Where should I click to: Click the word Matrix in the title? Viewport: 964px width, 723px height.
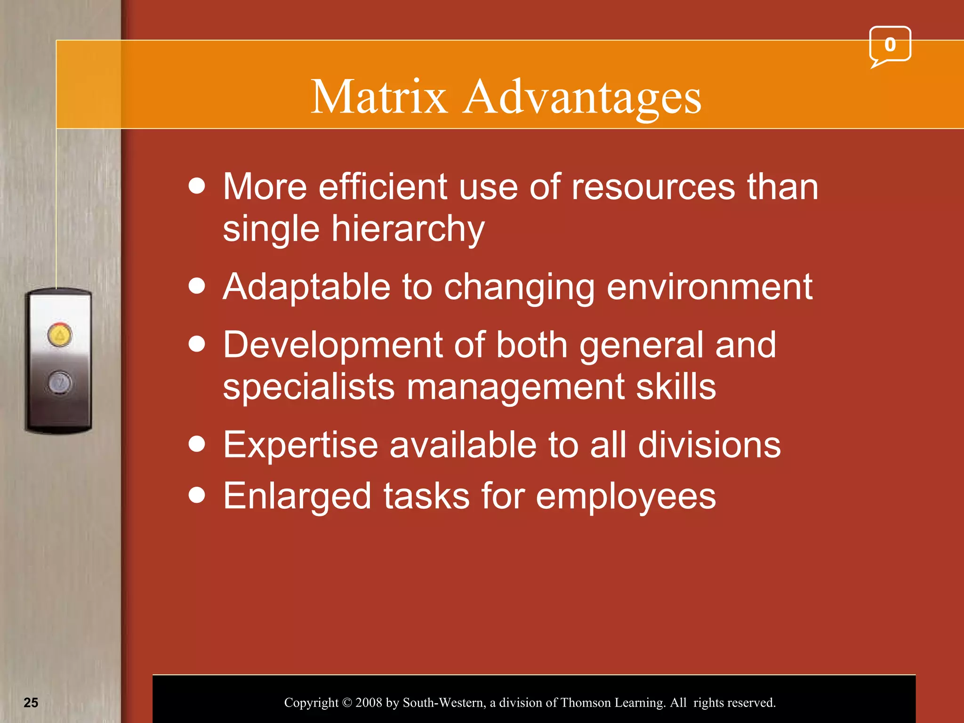coord(379,97)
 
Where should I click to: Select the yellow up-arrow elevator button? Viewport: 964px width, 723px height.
coord(60,335)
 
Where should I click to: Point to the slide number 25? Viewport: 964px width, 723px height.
coord(31,702)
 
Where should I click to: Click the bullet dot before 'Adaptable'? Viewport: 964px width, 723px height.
coord(197,286)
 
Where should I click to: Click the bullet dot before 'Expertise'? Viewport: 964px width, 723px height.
coord(197,444)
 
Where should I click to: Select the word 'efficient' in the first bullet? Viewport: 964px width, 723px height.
coord(383,186)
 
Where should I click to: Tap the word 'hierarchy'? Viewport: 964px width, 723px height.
coord(408,229)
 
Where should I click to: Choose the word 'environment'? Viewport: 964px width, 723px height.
coord(709,287)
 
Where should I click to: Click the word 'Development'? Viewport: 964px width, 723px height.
coord(333,345)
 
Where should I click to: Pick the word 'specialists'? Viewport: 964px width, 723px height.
coord(308,387)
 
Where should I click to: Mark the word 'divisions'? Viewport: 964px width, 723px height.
coord(709,445)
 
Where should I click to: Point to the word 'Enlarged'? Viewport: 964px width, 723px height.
coord(297,497)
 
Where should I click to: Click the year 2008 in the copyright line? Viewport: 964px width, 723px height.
coord(369,703)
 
